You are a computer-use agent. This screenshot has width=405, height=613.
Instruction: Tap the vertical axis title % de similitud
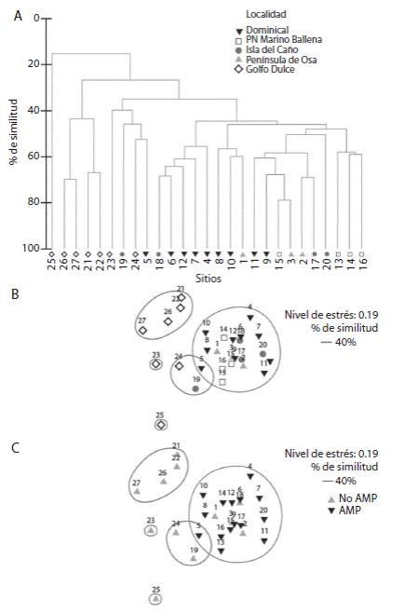pos(13,133)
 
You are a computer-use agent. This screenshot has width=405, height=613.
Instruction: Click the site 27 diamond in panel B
pos(142,330)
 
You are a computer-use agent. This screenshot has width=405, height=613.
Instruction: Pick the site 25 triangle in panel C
pos(155,599)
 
